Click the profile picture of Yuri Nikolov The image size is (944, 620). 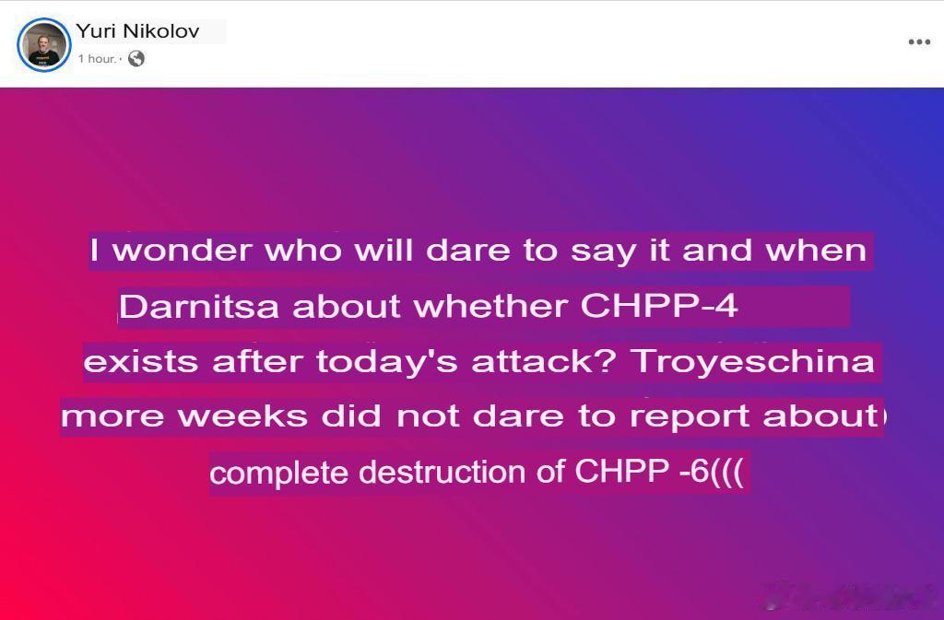pyautogui.click(x=44, y=45)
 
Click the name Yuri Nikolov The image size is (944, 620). pyautogui.click(x=137, y=30)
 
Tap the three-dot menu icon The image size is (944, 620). pyautogui.click(x=919, y=41)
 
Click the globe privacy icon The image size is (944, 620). pyautogui.click(x=136, y=58)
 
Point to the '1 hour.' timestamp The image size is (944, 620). pyautogui.click(x=97, y=58)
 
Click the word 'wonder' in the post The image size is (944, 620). pyautogui.click(x=183, y=251)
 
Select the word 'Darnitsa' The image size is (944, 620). pyautogui.click(x=199, y=306)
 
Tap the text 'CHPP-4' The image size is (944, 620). pyautogui.click(x=659, y=306)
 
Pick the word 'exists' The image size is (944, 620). pyautogui.click(x=141, y=362)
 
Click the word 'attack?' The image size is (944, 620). pyautogui.click(x=544, y=361)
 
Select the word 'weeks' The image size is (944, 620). pyautogui.click(x=242, y=416)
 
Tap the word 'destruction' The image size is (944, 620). pyautogui.click(x=442, y=472)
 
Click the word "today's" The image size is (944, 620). pyautogui.click(x=387, y=361)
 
